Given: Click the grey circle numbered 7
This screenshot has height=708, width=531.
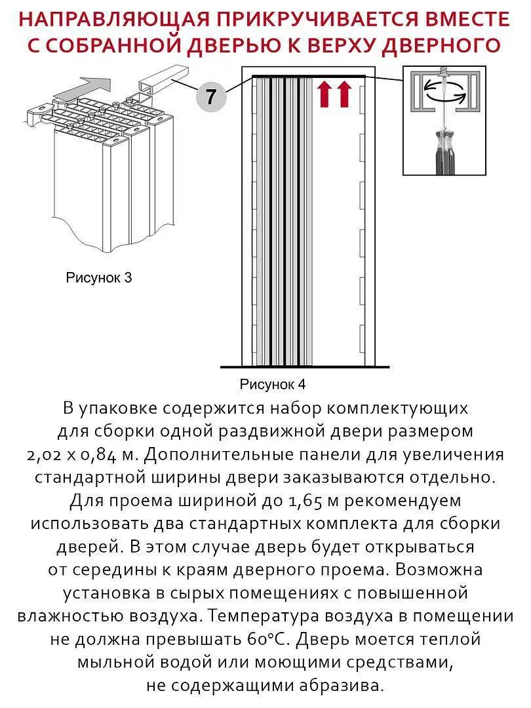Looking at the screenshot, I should (210, 97).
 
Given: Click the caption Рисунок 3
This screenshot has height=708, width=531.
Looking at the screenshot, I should (99, 277).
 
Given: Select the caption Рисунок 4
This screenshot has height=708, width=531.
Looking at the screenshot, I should (273, 383).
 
